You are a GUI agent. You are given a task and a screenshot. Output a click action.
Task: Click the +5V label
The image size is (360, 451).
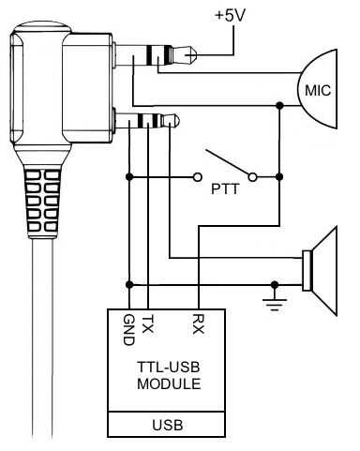pyautogui.click(x=231, y=16)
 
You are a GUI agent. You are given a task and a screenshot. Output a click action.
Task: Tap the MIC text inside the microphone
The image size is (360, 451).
pyautogui.click(x=318, y=91)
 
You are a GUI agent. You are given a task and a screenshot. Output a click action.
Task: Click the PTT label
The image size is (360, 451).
pyautogui.click(x=225, y=189)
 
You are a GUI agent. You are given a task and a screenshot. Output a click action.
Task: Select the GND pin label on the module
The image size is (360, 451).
pyautogui.click(x=128, y=330)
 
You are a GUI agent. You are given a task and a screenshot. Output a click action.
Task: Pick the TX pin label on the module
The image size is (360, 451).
pyautogui.click(x=147, y=324)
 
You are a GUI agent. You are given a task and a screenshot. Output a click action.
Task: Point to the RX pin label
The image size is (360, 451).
pyautogui.click(x=198, y=324)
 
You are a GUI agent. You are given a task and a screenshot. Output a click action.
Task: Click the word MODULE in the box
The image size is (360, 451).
pyautogui.click(x=169, y=383)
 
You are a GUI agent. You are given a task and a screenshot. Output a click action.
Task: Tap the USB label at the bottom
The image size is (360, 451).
pyautogui.click(x=167, y=425)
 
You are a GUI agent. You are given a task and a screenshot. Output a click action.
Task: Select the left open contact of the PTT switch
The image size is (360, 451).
pyautogui.click(x=197, y=177)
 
